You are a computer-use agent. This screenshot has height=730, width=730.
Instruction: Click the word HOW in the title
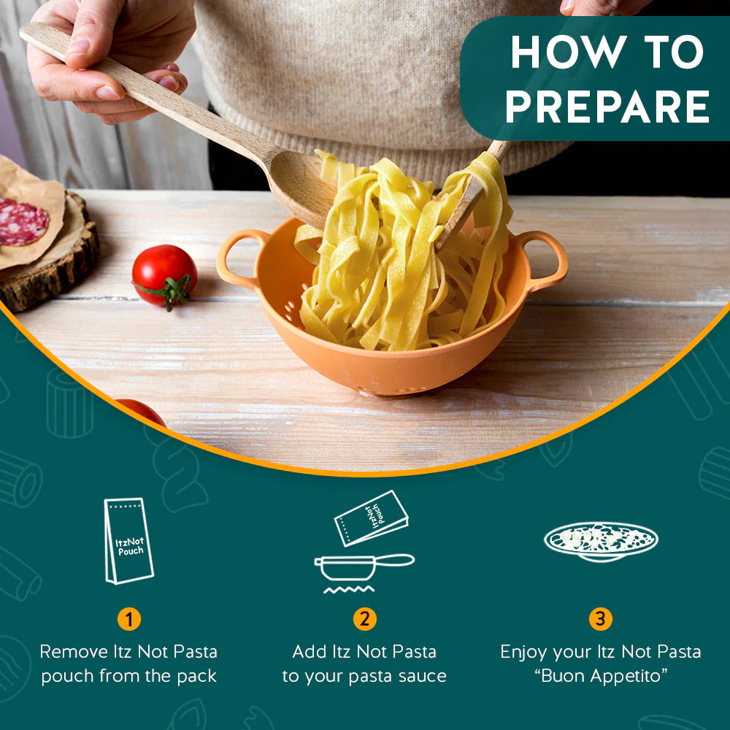[568, 51]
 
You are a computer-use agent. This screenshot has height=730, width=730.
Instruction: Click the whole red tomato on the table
[164, 276]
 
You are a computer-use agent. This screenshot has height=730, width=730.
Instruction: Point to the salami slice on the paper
[23, 222]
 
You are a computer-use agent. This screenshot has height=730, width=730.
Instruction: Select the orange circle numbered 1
[129, 619]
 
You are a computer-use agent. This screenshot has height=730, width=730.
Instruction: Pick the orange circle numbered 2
[364, 619]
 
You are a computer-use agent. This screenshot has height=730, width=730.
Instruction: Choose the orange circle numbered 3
[601, 619]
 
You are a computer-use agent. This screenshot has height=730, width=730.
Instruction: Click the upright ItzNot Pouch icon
[129, 541]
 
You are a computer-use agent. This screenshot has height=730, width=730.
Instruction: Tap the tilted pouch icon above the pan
[371, 518]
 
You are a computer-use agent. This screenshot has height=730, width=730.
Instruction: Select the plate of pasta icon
[601, 542]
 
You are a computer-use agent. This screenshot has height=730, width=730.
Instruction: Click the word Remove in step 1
[74, 652]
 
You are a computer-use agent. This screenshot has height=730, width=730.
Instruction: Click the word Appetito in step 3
[629, 676]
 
